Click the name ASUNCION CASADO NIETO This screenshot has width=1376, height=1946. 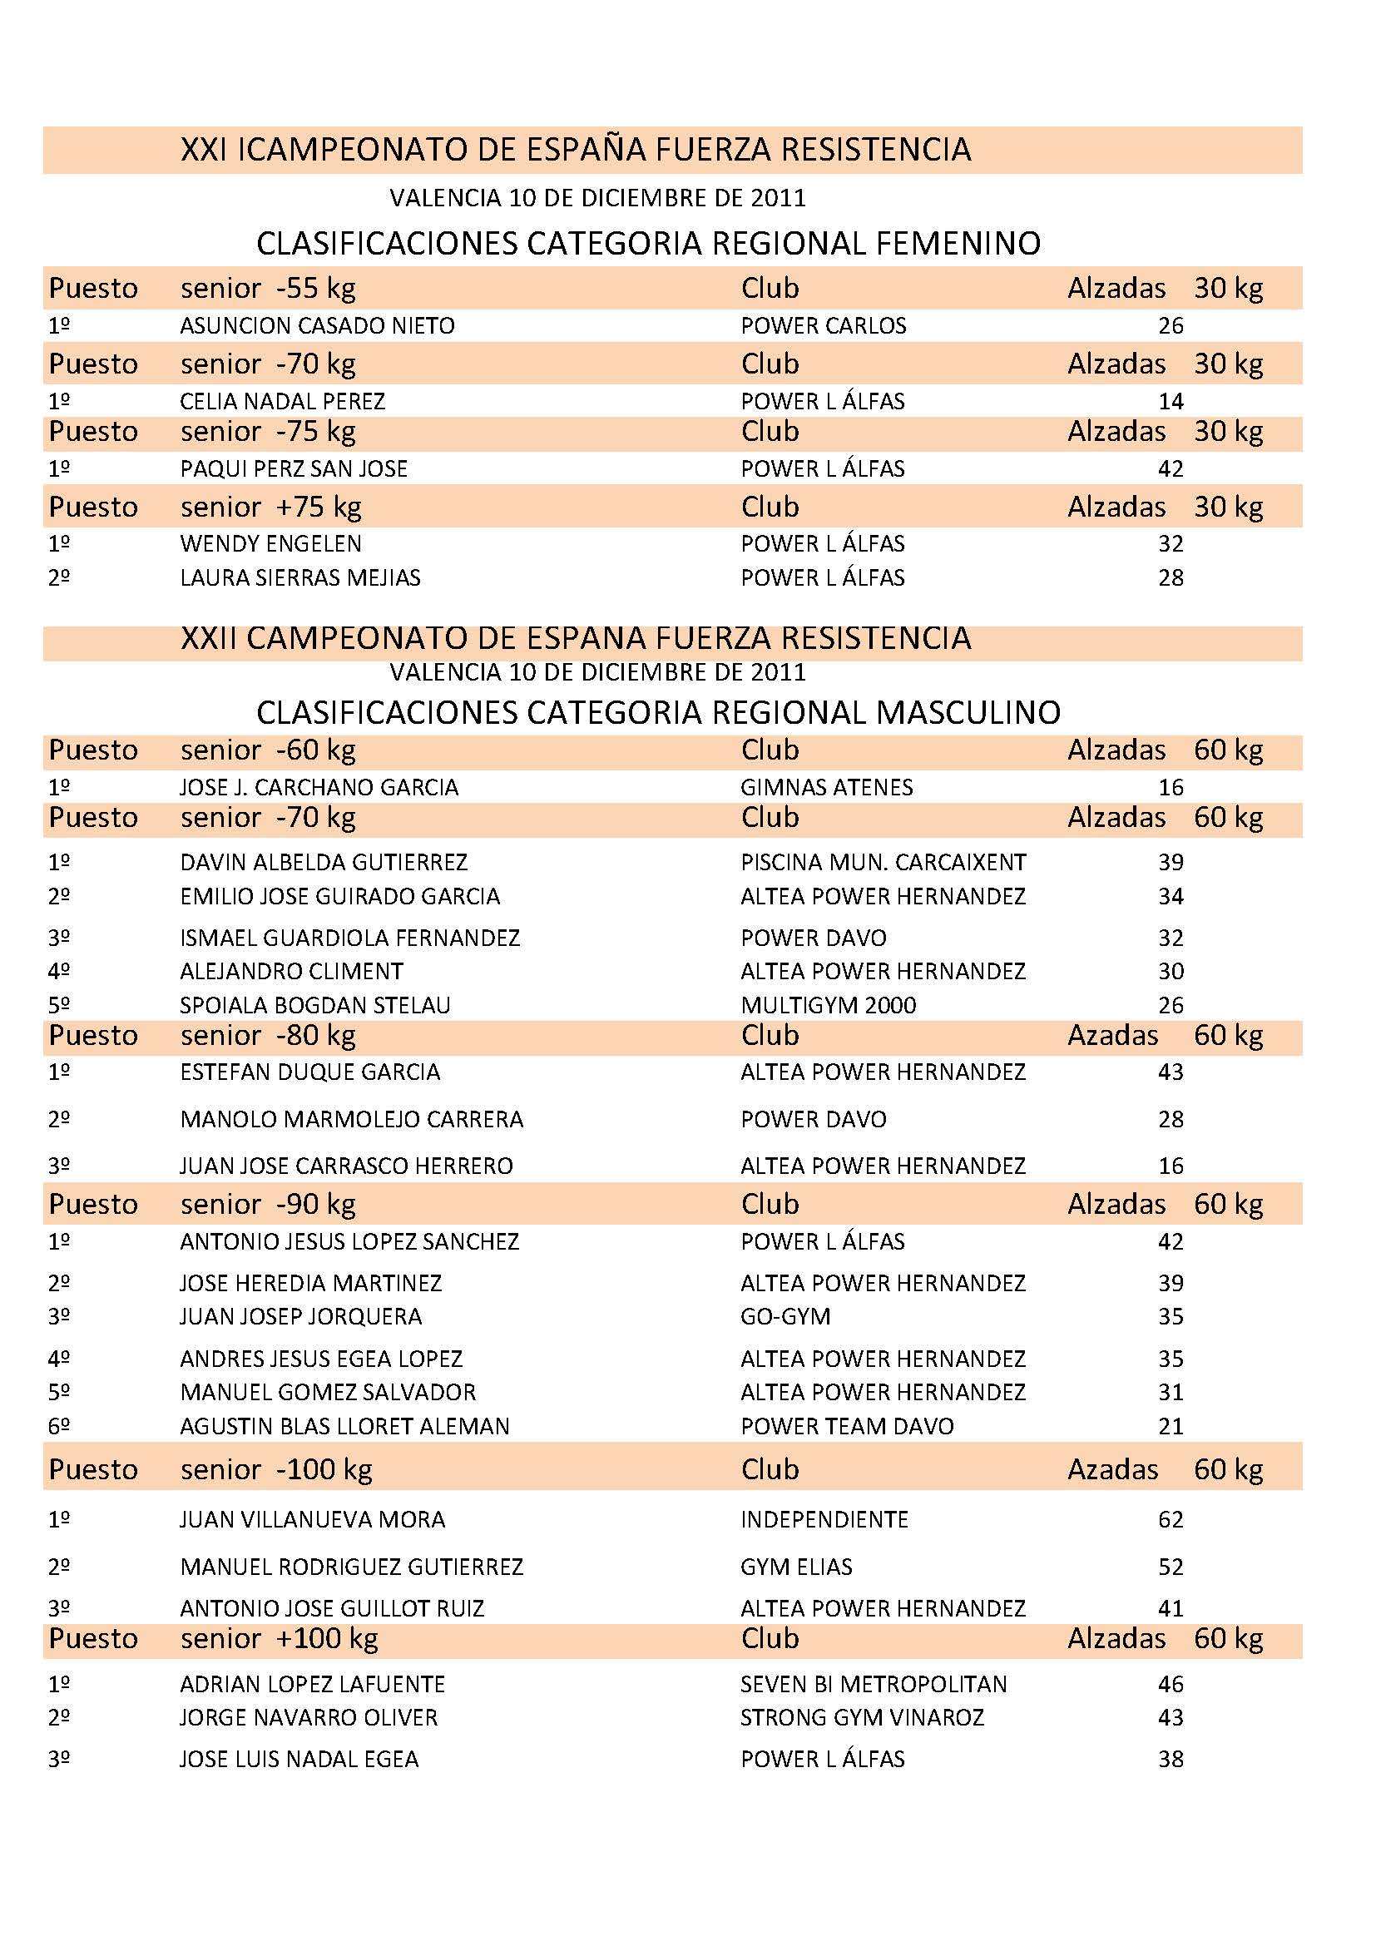click(317, 325)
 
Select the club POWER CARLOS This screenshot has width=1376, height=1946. click(823, 325)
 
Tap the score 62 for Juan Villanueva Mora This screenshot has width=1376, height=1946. click(1171, 1519)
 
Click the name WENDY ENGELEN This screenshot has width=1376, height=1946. click(270, 543)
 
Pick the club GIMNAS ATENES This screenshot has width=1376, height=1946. click(826, 787)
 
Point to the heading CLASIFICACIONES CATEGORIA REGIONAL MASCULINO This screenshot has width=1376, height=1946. click(657, 712)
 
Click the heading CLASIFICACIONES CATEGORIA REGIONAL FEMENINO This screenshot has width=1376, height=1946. click(648, 243)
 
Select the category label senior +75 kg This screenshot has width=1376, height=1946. click(270, 507)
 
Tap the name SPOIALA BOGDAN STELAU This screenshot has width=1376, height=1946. click(314, 1005)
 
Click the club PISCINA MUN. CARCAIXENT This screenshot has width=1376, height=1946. click(883, 862)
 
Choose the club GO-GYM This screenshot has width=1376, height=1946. click(785, 1316)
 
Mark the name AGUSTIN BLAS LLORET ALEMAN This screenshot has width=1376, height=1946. click(344, 1427)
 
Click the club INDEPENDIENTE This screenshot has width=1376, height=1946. click(824, 1519)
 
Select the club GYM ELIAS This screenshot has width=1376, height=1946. click(795, 1567)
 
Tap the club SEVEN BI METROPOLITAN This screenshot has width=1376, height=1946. click(873, 1684)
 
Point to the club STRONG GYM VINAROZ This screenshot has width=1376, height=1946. click(862, 1717)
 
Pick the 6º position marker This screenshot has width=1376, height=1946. click(58, 1427)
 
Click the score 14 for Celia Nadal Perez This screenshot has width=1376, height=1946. click(1171, 401)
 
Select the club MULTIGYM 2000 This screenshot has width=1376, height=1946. click(828, 1005)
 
